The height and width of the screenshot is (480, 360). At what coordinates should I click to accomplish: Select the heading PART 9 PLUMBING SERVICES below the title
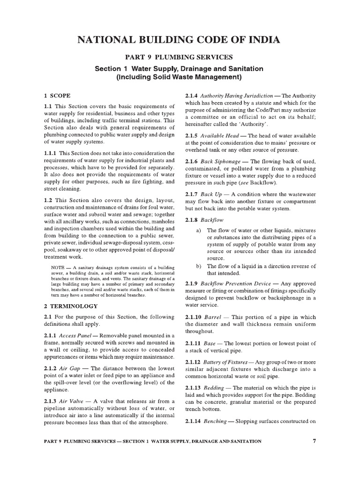click(x=179, y=57)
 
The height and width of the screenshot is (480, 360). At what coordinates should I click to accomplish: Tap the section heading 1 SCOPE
click(x=57, y=95)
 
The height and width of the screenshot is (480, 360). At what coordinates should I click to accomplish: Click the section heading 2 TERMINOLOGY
click(x=70, y=306)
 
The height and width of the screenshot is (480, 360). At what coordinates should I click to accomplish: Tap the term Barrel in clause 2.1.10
click(x=213, y=317)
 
